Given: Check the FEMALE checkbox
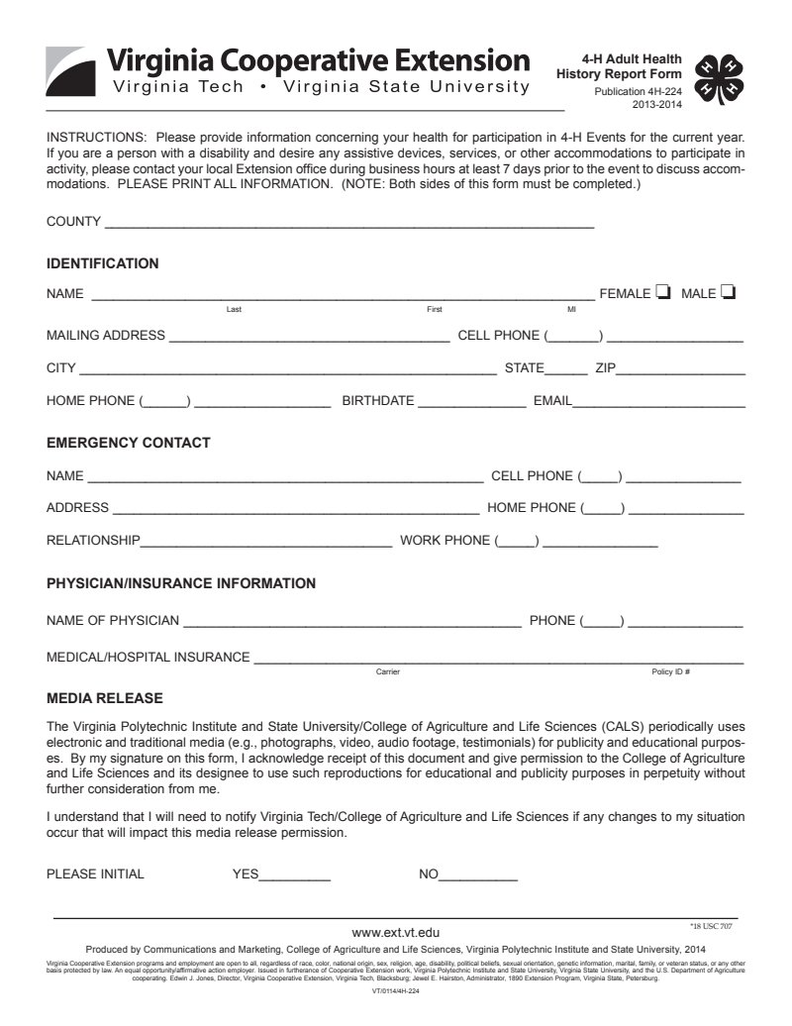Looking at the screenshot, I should [x=663, y=292].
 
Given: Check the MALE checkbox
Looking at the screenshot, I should [x=729, y=292].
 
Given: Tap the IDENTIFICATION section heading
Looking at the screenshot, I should [x=103, y=263].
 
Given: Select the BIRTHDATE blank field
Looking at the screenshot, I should [x=472, y=404].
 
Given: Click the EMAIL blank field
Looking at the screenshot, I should [x=659, y=404].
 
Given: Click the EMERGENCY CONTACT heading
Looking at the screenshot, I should [x=129, y=443].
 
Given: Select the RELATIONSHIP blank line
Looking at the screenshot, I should [x=266, y=543].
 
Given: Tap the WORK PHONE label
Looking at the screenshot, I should [x=445, y=541].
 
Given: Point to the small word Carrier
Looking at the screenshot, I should [x=388, y=672].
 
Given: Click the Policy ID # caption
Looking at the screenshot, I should [x=670, y=672].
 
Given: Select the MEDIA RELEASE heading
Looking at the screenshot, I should [x=105, y=698].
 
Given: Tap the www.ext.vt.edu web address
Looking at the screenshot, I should [x=396, y=932].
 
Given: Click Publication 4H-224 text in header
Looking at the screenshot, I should [x=638, y=91].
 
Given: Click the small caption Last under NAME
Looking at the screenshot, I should [x=234, y=310].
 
